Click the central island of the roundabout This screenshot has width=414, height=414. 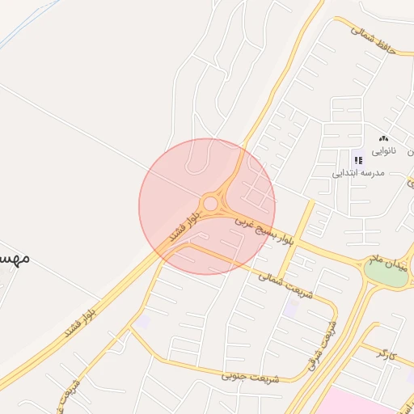tap(210, 203)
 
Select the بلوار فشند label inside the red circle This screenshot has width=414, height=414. tap(185, 225)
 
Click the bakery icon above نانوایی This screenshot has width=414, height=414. tap(383, 138)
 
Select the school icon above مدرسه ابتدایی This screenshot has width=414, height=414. tap(357, 160)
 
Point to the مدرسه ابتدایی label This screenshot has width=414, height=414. tap(356, 173)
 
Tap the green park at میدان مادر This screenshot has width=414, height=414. tap(387, 273)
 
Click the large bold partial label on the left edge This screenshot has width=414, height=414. tap(15, 258)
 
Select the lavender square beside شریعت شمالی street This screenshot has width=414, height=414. tap(290, 307)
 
